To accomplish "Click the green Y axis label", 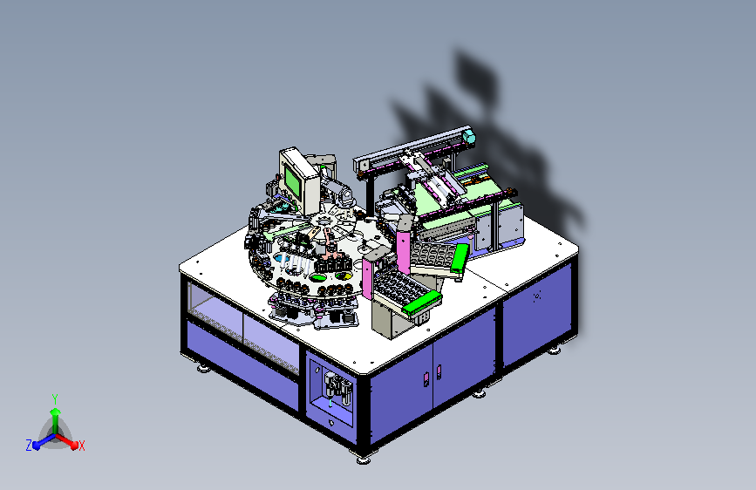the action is tap(55, 398).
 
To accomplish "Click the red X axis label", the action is tap(81, 446).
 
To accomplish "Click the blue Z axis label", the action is tap(29, 446).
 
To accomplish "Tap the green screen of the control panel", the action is tap(292, 180).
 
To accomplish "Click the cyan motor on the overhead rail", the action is tap(469, 137).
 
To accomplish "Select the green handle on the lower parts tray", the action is tap(421, 303).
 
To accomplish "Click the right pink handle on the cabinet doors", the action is tap(439, 371).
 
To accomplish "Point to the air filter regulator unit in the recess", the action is tap(337, 387).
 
